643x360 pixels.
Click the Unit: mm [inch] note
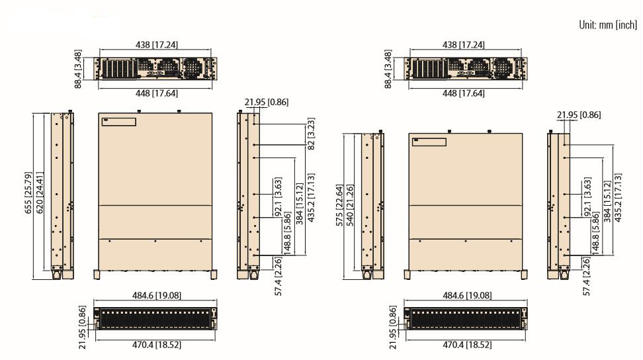pos(608,25)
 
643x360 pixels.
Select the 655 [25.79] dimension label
pos(28,193)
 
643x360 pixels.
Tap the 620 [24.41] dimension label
pos(40,193)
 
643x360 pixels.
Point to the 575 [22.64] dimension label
pos(339,205)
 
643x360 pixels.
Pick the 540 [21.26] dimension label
pos(350,205)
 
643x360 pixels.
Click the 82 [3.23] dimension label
pos(311,134)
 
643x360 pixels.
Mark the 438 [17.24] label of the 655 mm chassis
pos(157,44)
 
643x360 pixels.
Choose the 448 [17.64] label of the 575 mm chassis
pos(463,93)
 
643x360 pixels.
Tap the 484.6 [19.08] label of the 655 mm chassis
pos(157,295)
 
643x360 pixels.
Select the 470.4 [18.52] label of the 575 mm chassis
pos(467,345)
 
